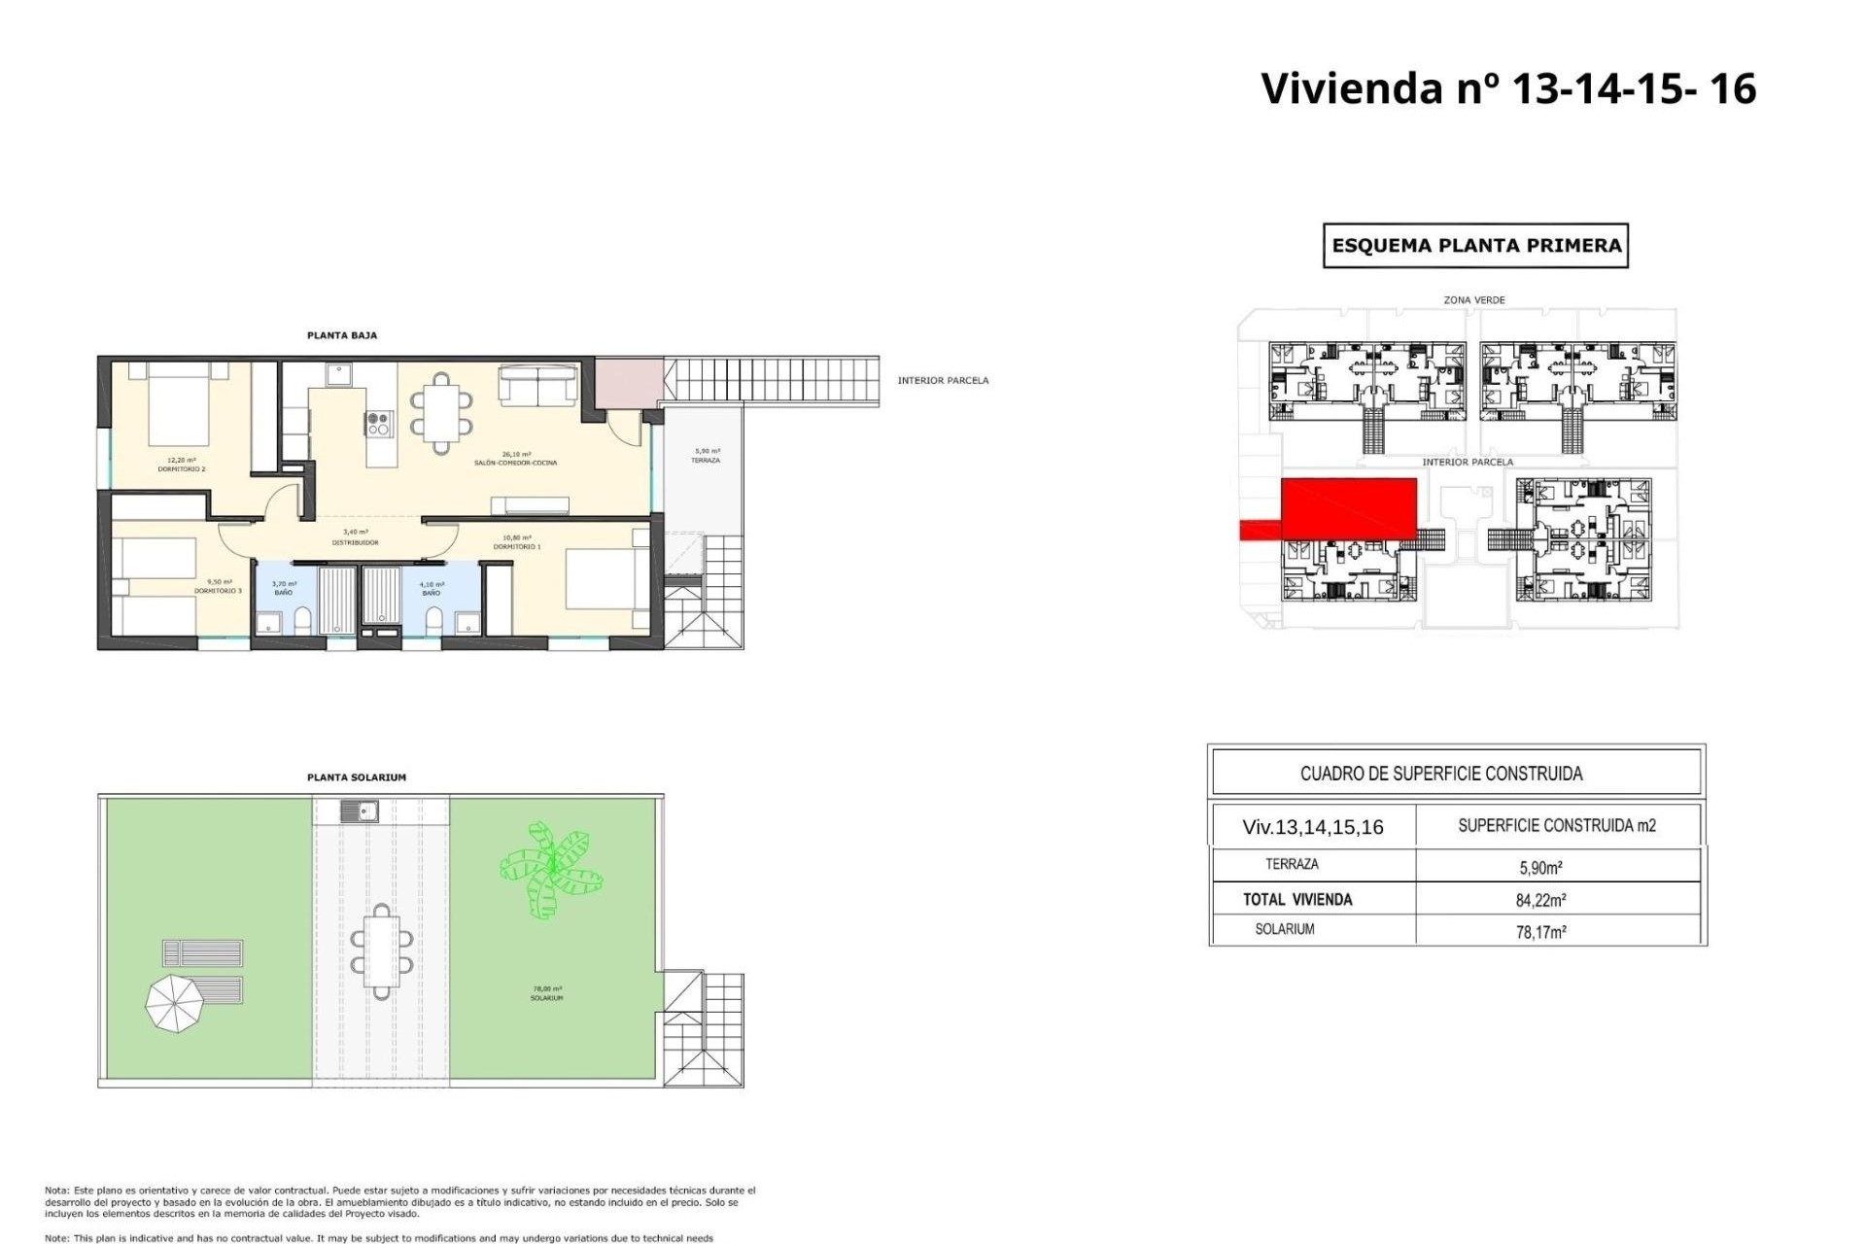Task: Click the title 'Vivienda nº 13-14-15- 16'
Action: click(x=1507, y=88)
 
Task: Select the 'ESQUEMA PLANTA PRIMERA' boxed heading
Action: click(x=1475, y=246)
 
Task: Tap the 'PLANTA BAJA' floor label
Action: click(x=341, y=335)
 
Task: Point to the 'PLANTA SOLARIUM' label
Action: click(x=356, y=777)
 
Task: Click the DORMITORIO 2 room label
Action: click(x=182, y=466)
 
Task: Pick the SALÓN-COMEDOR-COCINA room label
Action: click(x=515, y=459)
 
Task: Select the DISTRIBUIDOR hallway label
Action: click(x=355, y=537)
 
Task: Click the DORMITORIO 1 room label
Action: click(x=516, y=542)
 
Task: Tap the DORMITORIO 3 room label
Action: click(x=218, y=587)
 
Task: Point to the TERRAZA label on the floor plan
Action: click(x=706, y=456)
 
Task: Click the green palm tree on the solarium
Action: click(x=549, y=868)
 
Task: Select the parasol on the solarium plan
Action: click(x=175, y=1002)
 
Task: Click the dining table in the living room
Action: click(x=441, y=413)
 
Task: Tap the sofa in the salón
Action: click(x=537, y=384)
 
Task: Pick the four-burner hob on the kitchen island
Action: click(x=379, y=424)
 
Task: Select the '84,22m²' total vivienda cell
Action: click(x=1540, y=900)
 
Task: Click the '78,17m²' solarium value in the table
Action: click(x=1540, y=932)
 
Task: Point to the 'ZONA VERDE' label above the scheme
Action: click(x=1473, y=300)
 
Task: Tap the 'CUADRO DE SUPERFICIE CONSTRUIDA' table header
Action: click(x=1441, y=774)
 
